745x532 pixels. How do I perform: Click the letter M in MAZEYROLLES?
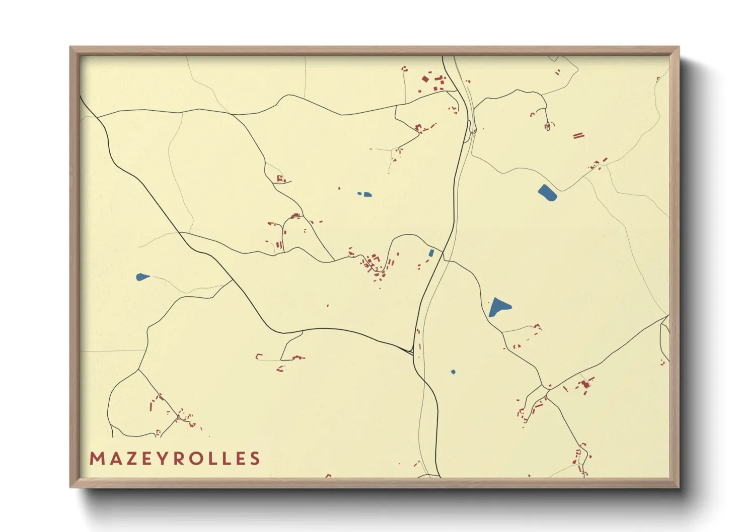coord(97,459)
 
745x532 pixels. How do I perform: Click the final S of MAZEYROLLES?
coord(255,459)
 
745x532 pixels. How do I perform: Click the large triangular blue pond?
coord(498,307)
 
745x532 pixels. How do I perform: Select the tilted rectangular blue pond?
coord(547,193)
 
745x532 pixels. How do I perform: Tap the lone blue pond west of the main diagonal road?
coord(142,277)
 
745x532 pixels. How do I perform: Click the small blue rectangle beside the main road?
coord(431,253)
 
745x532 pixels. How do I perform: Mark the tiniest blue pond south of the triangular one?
coord(453,372)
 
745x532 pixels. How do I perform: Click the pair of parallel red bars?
coord(578,135)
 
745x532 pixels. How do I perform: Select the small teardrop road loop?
coord(547,127)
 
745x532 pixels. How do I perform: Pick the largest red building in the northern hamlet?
coord(425,79)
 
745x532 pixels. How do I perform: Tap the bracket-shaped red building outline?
coord(259,357)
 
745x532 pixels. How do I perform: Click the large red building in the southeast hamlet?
coord(585,385)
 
